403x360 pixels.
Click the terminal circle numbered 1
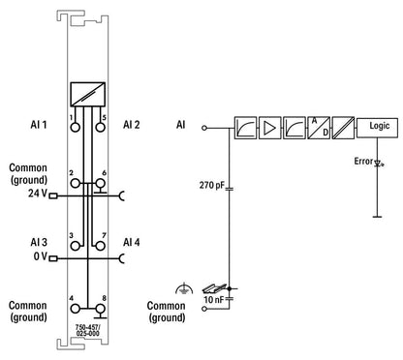[75, 127]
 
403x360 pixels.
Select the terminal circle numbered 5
[101, 127]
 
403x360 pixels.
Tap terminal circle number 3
[75, 246]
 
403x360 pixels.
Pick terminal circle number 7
[101, 246]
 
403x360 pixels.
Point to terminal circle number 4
[75, 309]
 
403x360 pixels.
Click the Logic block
[377, 128]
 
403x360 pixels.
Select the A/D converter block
[319, 128]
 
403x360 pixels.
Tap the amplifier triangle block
[270, 128]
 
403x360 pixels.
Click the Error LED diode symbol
[379, 165]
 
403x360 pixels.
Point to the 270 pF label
[211, 185]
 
